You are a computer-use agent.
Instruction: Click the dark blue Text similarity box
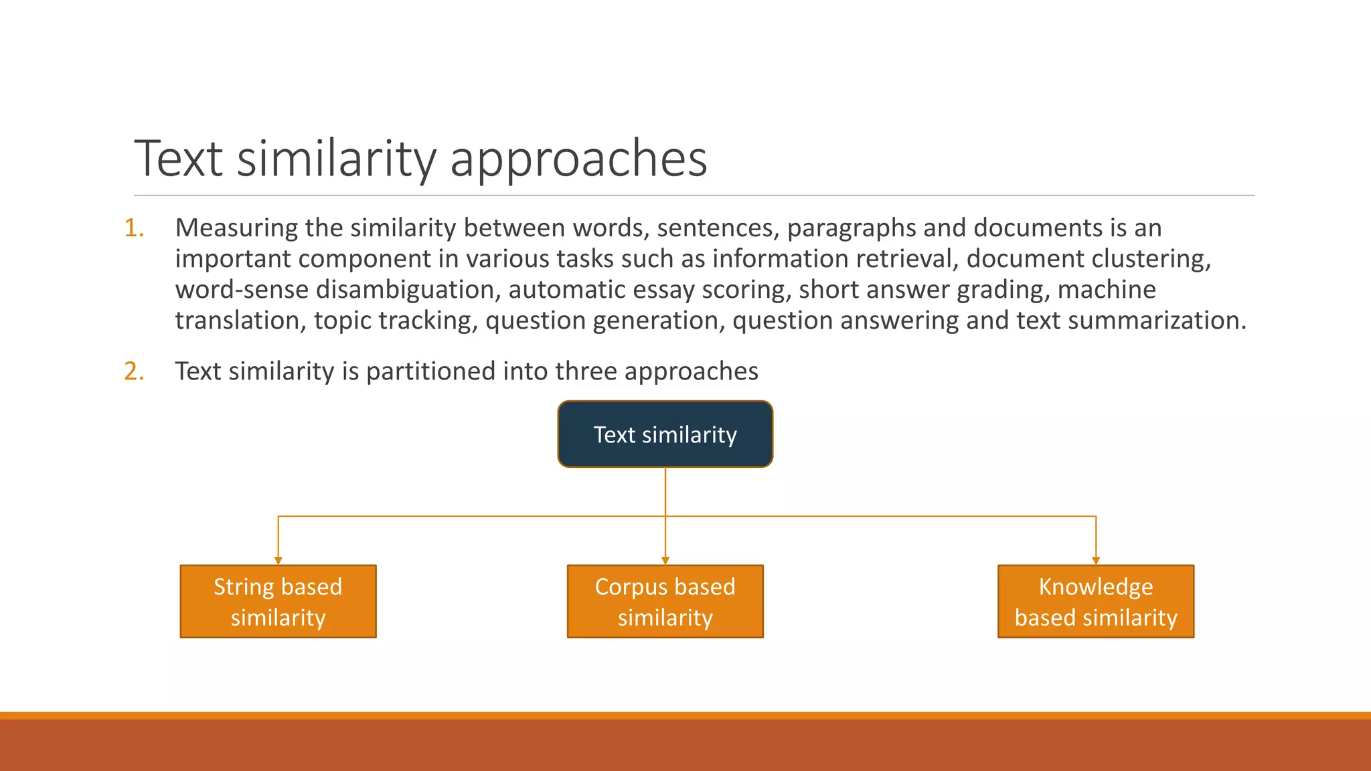[665, 434]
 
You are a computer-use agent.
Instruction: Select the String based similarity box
[278, 602]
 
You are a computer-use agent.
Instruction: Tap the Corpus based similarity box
[665, 602]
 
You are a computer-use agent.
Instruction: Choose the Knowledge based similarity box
[1095, 602]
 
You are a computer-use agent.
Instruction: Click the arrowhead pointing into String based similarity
[278, 560]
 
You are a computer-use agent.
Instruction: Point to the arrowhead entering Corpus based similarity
[665, 560]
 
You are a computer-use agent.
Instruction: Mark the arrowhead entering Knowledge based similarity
[1095, 560]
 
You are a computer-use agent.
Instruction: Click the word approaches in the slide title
[578, 161]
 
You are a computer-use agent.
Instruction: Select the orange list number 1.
[134, 228]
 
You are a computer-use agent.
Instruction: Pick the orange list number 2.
[134, 371]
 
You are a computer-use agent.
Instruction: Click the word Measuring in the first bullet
[236, 229]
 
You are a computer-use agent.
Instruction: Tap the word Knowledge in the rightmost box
[1095, 587]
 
